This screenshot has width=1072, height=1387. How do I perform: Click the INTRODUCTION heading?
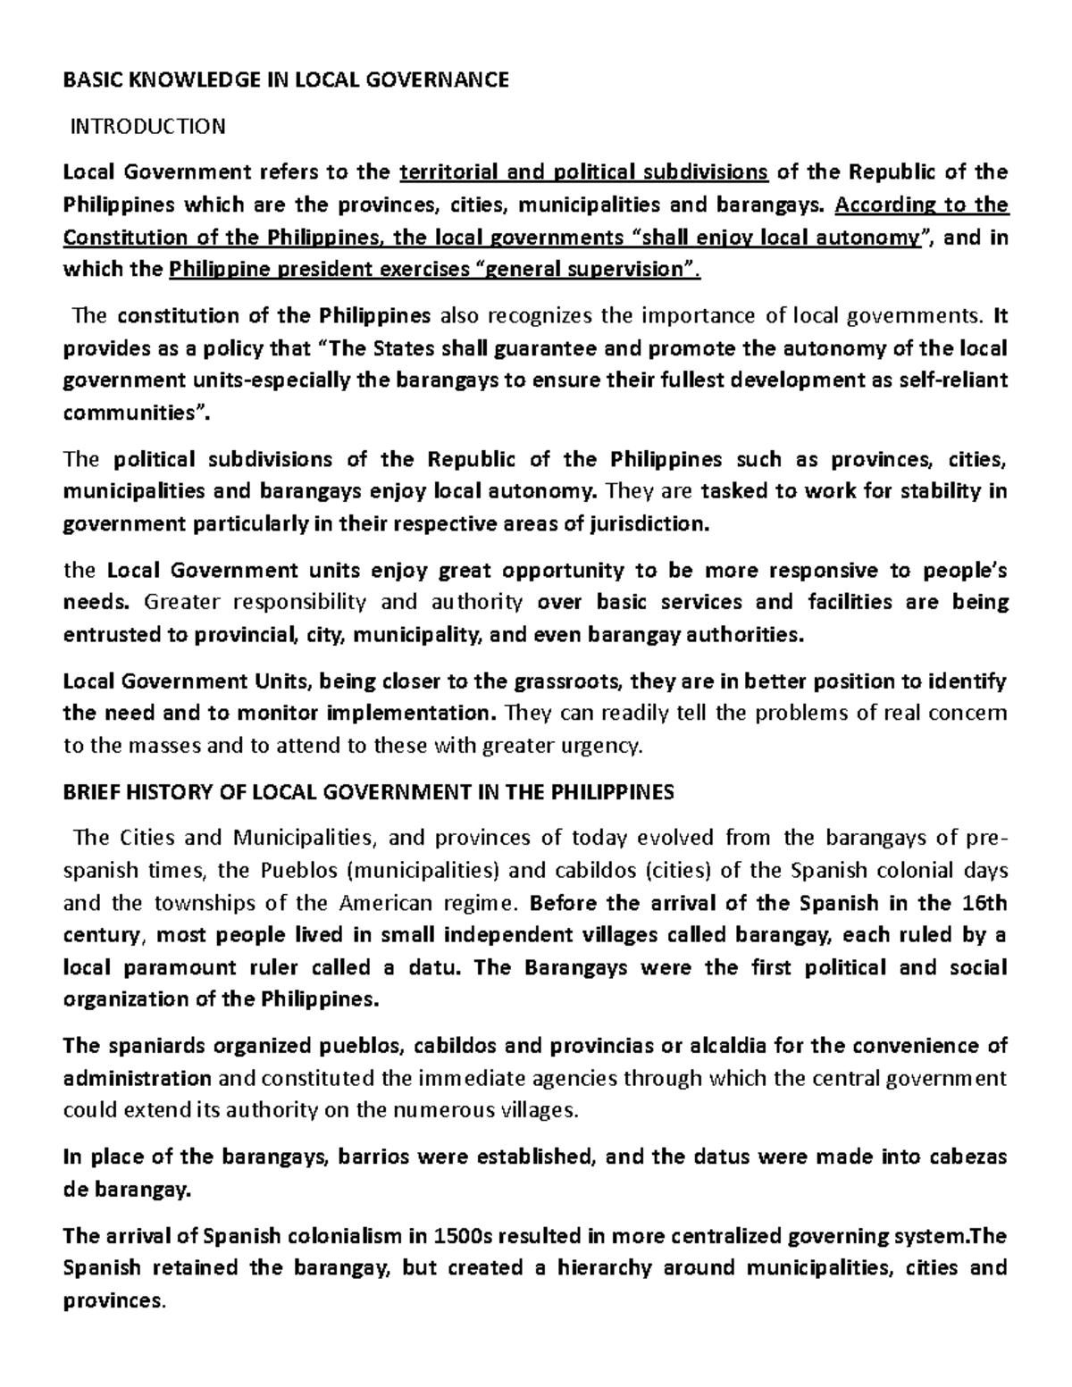(148, 126)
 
